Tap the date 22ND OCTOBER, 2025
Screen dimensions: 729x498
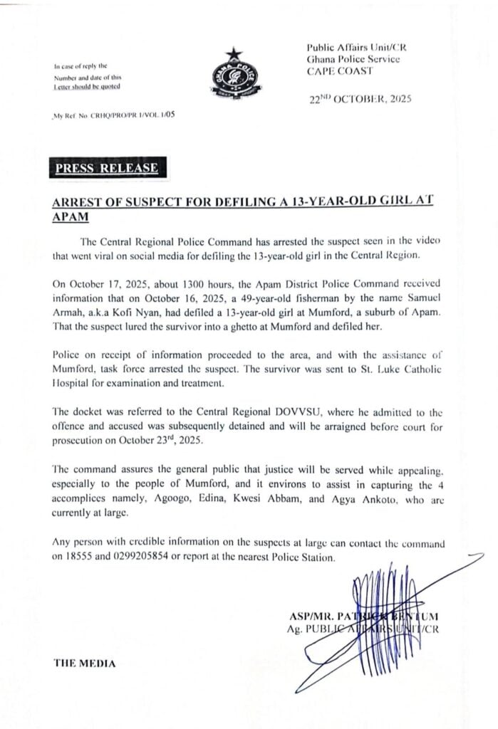(x=358, y=100)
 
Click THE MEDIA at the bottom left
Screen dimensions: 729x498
(x=84, y=663)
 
